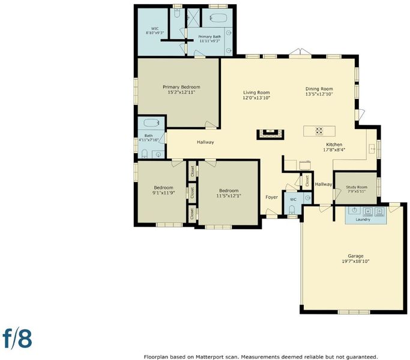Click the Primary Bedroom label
coord(181,87)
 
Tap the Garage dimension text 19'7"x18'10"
coord(355,261)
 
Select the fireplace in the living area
coord(270,134)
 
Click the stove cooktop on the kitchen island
coord(319,131)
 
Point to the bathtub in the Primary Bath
coord(218,18)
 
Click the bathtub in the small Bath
coord(151,123)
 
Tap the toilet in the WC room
coord(292,209)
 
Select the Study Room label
coord(357,187)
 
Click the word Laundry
coord(363,220)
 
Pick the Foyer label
coord(271,197)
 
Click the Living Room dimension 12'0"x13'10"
coord(256,98)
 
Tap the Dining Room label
coord(319,89)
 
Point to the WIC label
coord(155,29)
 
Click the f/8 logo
coord(17,338)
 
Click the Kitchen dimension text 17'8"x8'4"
coord(334,150)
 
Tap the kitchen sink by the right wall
coord(372,149)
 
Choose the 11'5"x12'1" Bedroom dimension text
coord(229,196)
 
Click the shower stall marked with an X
coord(193,18)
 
